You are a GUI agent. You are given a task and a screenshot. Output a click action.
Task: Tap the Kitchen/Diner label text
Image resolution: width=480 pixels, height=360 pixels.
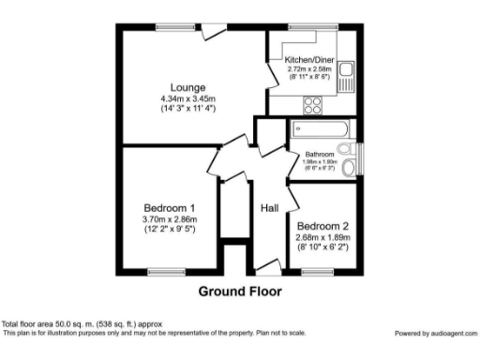pos(308,60)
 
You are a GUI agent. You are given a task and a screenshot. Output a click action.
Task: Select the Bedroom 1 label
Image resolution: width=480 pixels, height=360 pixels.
pos(170,208)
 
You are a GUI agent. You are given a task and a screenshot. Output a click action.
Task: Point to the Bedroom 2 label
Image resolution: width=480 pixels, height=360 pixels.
pos(322,226)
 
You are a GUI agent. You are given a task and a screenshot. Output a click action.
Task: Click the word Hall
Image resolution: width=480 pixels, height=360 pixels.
pos(270,208)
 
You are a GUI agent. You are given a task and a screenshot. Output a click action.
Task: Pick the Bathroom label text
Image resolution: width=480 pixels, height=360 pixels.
pos(321,155)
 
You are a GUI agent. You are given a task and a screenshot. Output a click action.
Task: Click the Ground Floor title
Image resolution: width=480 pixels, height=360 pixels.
pos(239,291)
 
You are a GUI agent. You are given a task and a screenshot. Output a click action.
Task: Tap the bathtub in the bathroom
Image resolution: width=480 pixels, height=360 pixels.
pos(320,129)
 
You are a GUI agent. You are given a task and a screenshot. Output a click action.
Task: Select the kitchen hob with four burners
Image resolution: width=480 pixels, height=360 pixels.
pos(312,104)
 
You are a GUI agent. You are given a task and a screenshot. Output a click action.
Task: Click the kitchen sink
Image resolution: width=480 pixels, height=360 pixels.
pos(347,75)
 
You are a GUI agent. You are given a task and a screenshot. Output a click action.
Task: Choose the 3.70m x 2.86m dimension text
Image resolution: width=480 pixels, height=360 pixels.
pos(170,219)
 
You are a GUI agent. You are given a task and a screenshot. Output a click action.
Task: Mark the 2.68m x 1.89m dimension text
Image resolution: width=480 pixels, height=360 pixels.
pos(322,237)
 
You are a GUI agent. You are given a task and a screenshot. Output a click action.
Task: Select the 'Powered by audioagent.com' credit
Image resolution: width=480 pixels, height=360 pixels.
pos(433,333)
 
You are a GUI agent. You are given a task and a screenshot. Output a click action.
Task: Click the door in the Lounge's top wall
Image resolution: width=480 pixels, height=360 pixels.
pos(215,30)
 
